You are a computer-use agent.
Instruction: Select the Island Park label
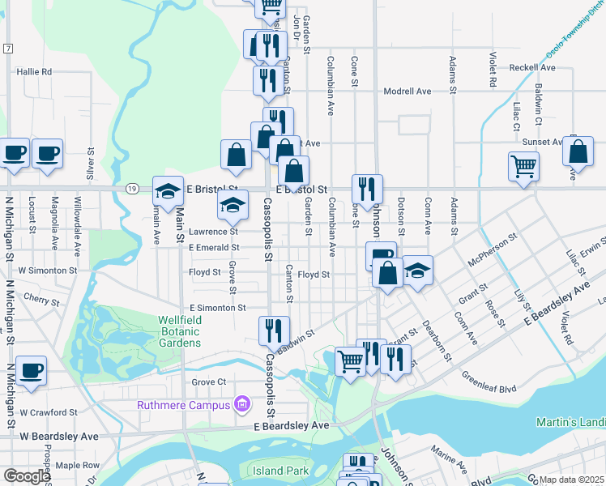pyautogui.click(x=280, y=471)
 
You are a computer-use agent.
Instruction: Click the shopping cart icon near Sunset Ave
pyautogui.click(x=523, y=166)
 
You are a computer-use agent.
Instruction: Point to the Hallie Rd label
pyautogui.click(x=34, y=71)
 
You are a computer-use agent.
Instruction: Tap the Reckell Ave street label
pyautogui.click(x=532, y=67)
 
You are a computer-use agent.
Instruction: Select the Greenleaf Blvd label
pyautogui.click(x=489, y=382)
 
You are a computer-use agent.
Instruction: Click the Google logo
pyautogui.click(x=27, y=476)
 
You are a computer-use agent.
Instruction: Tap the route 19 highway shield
pyautogui.click(x=130, y=188)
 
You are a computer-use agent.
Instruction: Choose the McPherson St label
pyautogui.click(x=492, y=251)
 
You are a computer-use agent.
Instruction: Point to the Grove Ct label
pyautogui.click(x=208, y=382)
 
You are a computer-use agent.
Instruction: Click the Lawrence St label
pyautogui.click(x=213, y=232)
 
